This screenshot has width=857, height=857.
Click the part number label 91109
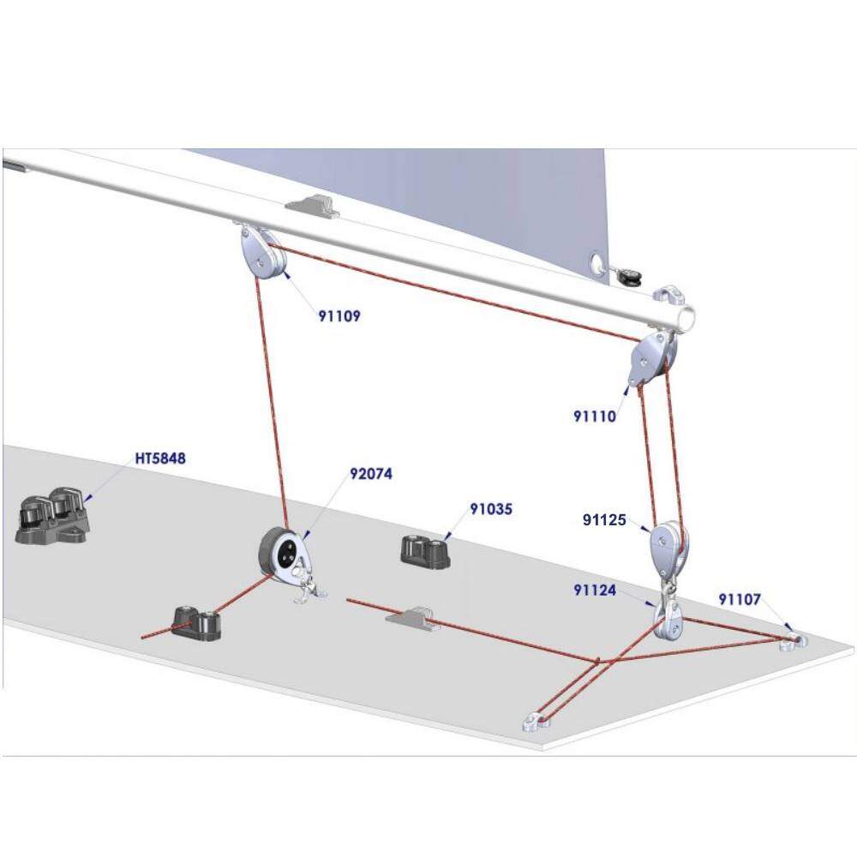[339, 316]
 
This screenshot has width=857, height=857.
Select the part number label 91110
[595, 417]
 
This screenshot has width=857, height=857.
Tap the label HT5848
[160, 458]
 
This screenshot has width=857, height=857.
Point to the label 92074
[371, 473]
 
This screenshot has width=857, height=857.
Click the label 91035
[491, 509]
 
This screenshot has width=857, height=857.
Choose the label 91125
[604, 520]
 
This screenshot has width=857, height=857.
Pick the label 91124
[595, 590]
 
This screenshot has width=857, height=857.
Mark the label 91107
[740, 600]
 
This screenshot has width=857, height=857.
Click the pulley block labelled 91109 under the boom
[262, 254]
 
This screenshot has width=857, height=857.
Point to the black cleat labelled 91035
[425, 552]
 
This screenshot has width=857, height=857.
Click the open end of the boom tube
[687, 316]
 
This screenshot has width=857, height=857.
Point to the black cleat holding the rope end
[198, 622]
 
